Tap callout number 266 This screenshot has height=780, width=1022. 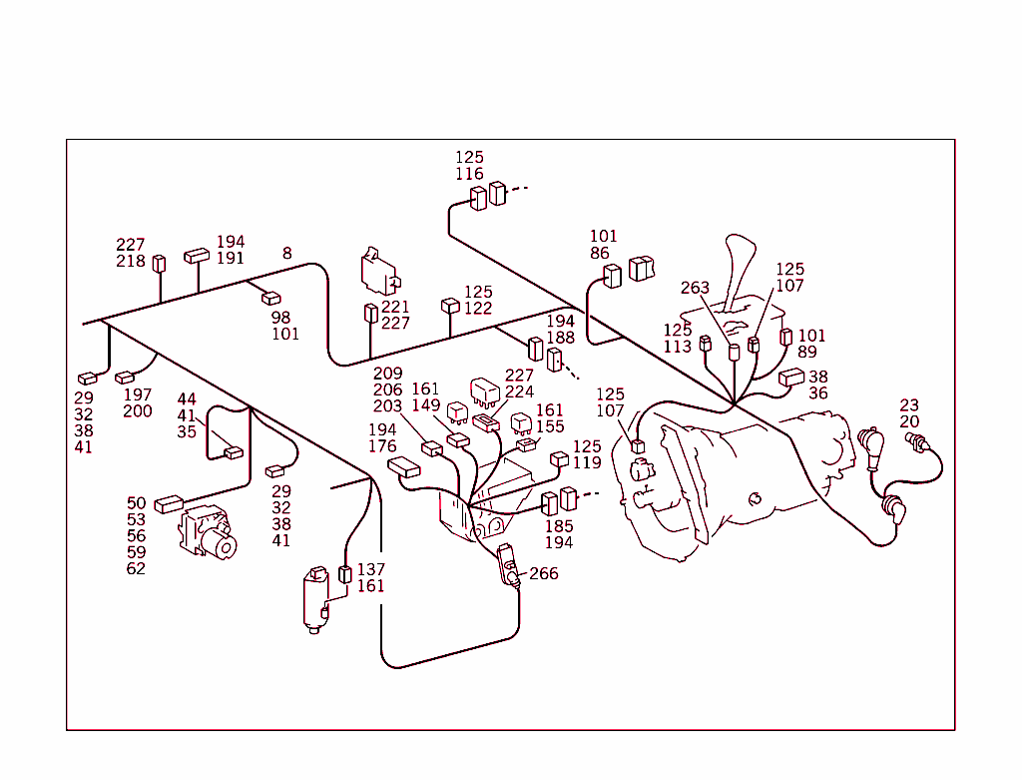544,574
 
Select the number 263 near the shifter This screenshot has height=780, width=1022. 695,289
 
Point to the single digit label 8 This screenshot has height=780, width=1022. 287,254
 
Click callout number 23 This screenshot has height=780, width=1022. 909,405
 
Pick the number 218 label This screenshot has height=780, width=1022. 130,262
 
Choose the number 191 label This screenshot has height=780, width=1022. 231,259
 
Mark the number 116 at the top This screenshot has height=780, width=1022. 469,175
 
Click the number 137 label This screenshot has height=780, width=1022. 370,569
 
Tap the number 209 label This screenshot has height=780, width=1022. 387,375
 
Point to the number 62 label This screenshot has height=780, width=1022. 136,568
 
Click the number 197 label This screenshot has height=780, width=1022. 138,395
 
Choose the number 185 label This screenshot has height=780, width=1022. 559,526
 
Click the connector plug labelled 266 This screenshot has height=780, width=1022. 507,564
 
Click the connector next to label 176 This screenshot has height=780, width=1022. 404,466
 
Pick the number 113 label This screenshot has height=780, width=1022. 677,347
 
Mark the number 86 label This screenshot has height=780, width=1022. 599,254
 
